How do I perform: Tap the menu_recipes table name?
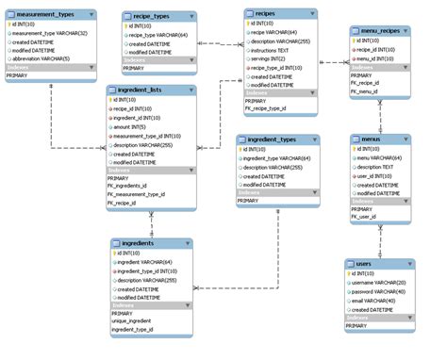point(375,31)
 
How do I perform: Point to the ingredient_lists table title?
point(140,90)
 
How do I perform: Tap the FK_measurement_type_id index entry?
point(137,194)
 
